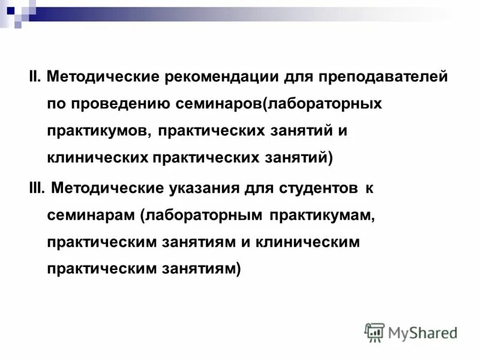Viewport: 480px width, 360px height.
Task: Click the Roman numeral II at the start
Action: click(x=34, y=77)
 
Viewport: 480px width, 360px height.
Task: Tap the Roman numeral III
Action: click(x=37, y=188)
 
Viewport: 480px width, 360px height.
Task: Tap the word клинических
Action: click(x=97, y=158)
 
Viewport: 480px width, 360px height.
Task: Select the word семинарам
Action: click(x=91, y=215)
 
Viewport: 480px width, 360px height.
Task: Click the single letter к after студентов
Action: click(x=370, y=188)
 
